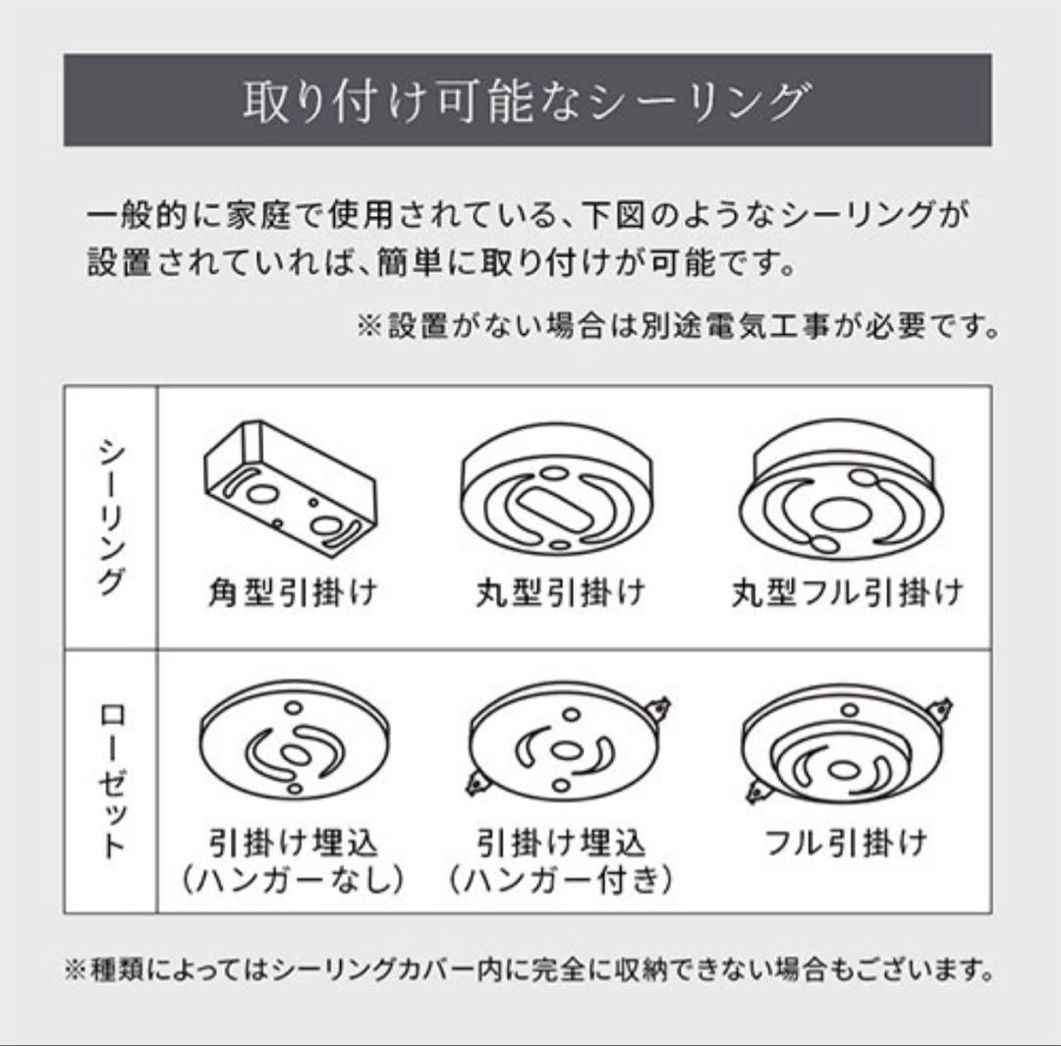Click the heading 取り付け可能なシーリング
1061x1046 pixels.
click(x=528, y=102)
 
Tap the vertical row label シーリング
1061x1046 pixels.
click(x=111, y=516)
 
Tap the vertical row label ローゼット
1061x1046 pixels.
click(x=111, y=781)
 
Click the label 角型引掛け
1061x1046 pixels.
click(x=294, y=592)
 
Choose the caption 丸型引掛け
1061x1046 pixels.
click(x=561, y=592)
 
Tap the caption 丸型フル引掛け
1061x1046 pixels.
click(x=847, y=592)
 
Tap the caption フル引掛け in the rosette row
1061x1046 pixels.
click(x=847, y=844)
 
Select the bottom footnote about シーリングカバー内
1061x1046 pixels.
click(x=530, y=971)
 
